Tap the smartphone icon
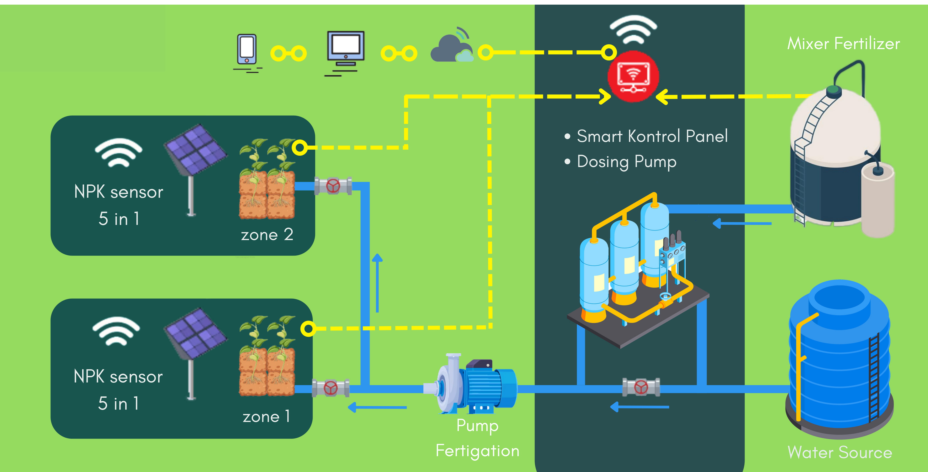point(247,49)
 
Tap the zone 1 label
point(266,417)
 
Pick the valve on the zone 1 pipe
point(330,388)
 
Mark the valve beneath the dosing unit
point(641,387)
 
